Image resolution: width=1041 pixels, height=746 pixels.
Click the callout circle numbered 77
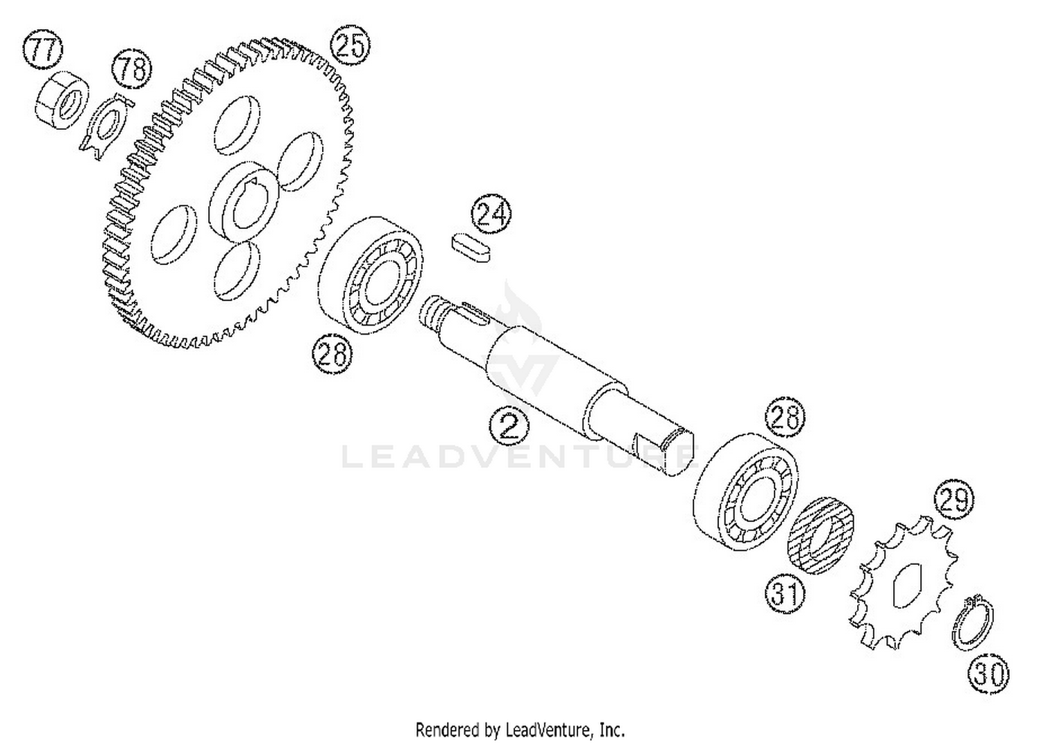43,49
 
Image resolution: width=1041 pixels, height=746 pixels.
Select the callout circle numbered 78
132,68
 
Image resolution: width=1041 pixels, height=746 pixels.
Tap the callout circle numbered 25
350,45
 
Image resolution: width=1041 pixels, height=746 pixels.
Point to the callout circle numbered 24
491,214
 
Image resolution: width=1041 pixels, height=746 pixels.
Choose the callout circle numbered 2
509,426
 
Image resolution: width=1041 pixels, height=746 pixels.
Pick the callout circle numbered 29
954,499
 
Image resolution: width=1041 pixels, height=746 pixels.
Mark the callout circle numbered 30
989,674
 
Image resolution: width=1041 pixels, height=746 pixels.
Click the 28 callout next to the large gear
332,355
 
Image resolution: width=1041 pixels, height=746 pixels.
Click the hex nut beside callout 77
62,100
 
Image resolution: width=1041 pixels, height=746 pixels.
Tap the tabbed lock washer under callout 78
106,127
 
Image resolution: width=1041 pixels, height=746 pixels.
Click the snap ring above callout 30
972,622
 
